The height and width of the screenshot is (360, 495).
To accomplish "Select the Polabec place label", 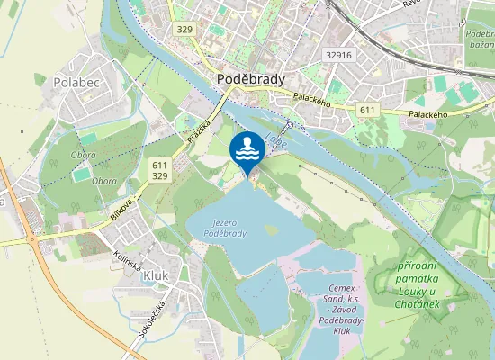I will [x=76, y=81].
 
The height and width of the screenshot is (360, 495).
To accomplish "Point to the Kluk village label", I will [x=156, y=276].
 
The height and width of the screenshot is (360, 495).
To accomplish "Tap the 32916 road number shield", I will [x=338, y=55].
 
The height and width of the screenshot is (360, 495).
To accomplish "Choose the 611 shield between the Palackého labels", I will [x=366, y=110].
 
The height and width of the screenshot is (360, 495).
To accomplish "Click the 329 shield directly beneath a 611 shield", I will [x=160, y=177].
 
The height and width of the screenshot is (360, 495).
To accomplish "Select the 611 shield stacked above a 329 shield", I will [x=160, y=166].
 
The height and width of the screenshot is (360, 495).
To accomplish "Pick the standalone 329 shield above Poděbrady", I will [x=185, y=30].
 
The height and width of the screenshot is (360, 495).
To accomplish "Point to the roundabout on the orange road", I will [x=33, y=239].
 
